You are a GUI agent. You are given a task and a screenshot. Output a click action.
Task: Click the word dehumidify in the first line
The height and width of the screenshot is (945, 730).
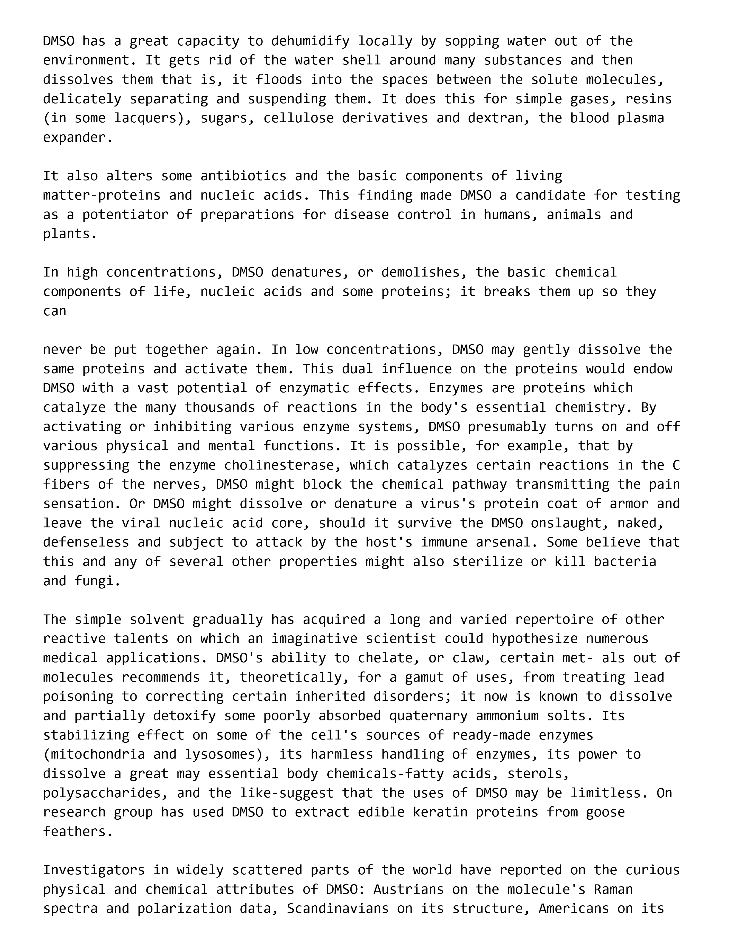[310, 41]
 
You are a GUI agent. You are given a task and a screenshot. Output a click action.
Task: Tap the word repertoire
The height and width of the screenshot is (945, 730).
[554, 620]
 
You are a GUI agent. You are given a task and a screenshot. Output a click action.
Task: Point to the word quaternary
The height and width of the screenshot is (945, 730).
[428, 716]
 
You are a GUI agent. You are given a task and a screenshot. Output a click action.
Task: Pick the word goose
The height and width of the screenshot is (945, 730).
[605, 812]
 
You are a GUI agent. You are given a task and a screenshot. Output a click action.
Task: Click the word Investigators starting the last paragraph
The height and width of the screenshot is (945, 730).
[90, 870]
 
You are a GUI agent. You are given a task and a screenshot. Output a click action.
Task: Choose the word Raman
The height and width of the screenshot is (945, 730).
[613, 890]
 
